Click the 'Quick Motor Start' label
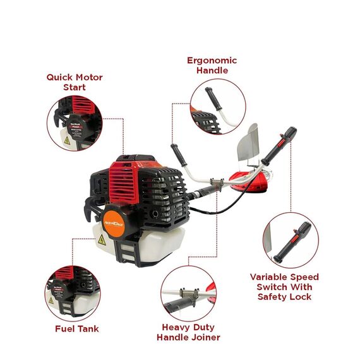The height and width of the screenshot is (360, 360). pos(74,82)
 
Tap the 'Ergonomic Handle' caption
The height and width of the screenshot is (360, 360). pos(212,65)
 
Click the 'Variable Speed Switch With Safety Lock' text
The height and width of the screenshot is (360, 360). pos(284,287)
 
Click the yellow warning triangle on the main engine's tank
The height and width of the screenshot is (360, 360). pos(100,241)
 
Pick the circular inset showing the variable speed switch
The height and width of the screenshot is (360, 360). pos(291,239)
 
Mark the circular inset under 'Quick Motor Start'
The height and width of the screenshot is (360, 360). pos(74,123)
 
